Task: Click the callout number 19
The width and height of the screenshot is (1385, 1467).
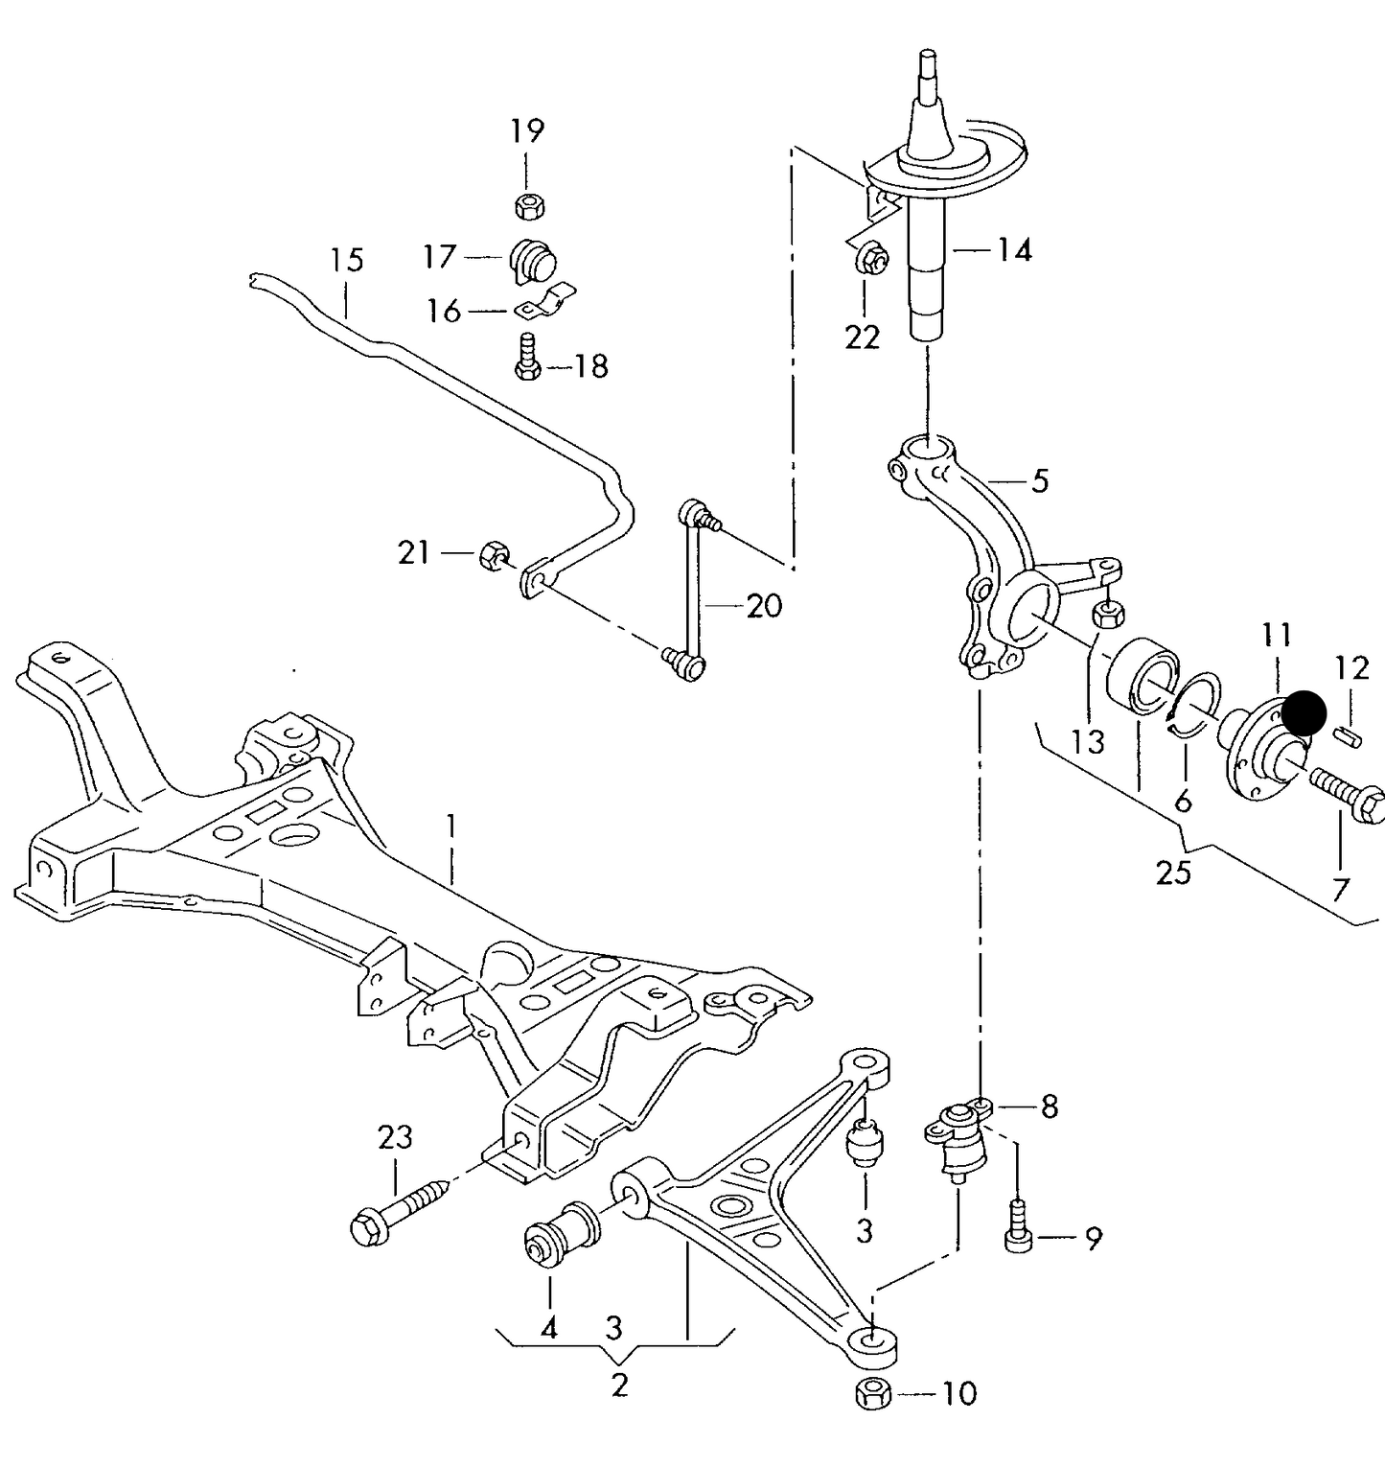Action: (526, 130)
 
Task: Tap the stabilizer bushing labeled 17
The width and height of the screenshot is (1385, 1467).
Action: (533, 259)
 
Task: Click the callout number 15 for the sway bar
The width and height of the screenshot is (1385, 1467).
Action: (347, 260)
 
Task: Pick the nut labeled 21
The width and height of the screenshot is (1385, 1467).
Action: (492, 553)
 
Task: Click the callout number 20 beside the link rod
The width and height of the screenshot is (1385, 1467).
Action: (764, 605)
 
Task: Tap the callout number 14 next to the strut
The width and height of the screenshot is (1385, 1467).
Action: (1014, 250)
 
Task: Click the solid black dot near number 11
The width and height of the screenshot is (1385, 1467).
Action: (1304, 713)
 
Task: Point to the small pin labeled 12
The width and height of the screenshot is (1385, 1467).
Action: (1349, 735)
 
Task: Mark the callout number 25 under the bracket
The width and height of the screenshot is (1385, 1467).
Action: (1173, 873)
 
